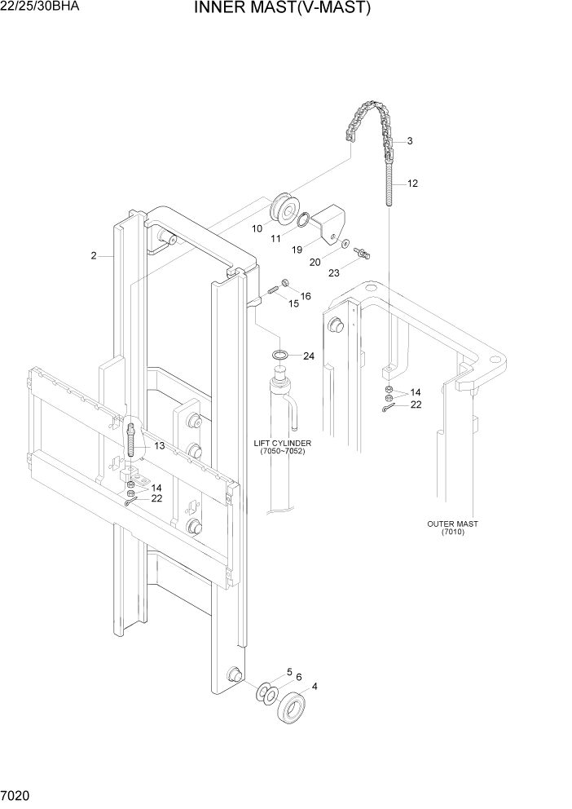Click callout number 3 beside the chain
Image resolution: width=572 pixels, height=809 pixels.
(409, 141)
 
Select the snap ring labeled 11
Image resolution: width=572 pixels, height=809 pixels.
(303, 219)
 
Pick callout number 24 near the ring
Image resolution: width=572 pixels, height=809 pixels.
(308, 356)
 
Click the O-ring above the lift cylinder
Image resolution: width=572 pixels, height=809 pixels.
(280, 355)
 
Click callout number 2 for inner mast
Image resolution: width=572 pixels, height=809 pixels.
(94, 256)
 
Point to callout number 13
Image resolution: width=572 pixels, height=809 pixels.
(158, 445)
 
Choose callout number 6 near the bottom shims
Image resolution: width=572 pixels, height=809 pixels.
(299, 677)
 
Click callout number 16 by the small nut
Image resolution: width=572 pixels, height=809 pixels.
(306, 295)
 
